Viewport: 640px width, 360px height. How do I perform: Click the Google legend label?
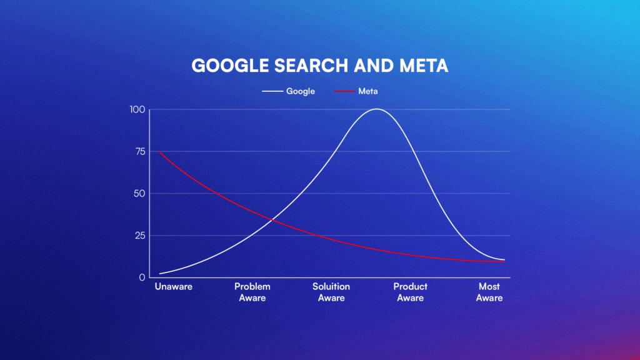[300, 91]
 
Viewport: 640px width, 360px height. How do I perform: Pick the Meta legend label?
[368, 91]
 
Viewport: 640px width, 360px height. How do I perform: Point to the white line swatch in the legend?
[272, 91]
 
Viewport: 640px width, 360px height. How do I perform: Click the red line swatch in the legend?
[344, 91]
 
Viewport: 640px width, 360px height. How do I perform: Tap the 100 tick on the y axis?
[137, 110]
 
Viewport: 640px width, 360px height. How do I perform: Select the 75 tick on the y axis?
[139, 152]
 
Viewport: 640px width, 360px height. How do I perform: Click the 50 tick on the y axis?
[139, 194]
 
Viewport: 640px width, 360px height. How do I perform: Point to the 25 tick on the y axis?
[139, 236]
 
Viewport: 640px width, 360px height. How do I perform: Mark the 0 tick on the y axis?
[142, 277]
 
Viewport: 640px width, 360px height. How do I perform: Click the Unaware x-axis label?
[173, 287]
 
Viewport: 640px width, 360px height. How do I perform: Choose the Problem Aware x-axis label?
[252, 292]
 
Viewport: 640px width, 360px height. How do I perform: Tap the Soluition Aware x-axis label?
[331, 292]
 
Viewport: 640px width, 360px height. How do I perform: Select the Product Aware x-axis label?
[410, 292]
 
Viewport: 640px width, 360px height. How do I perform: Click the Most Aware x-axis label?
[489, 292]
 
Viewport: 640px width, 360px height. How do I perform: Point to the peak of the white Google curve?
[376, 109]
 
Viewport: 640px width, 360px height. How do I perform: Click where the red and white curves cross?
[271, 219]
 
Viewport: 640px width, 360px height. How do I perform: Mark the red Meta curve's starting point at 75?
[161, 152]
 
